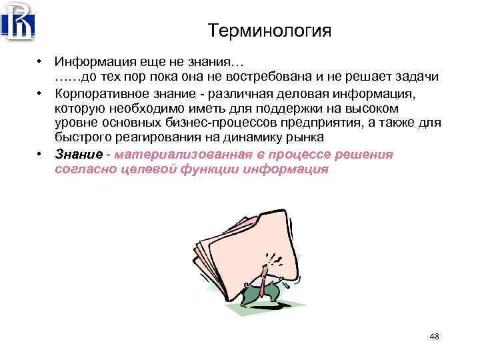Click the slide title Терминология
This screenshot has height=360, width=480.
coord(269,31)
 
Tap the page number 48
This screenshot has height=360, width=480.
coord(434,336)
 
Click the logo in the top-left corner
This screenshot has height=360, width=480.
coord(18,21)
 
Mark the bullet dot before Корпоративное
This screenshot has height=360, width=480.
coord(41,93)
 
